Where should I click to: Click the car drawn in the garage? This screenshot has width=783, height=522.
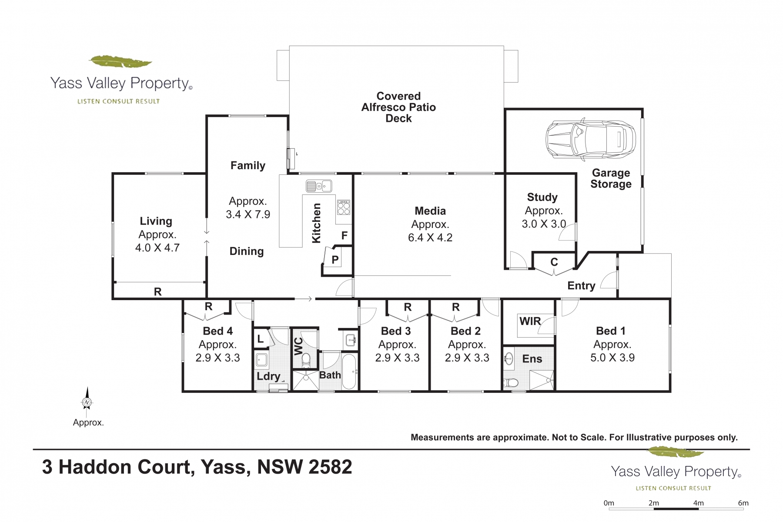pos(591,139)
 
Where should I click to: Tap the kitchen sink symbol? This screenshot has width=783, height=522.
pos(319,186)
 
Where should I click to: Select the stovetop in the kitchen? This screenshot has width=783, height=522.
pos(343,207)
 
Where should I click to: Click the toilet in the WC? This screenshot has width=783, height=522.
pos(306,359)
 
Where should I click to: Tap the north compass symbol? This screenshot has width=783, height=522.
pos(87,402)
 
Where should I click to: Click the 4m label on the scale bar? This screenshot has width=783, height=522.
pos(699,503)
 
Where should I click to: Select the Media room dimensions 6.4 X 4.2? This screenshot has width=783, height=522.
pos(430,238)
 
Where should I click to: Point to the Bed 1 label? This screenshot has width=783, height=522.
pos(611,331)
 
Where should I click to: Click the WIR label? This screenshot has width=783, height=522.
pos(530,321)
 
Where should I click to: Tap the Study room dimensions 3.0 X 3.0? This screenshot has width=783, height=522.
pos(544,224)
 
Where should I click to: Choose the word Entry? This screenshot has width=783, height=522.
pos(581,286)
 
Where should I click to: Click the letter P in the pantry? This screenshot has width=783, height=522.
pos(335,260)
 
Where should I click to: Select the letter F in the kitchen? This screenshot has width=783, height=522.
pos(345,236)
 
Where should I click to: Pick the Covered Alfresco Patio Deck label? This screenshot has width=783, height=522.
pos(398,107)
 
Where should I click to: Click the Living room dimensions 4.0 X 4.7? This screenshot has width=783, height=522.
pos(157,248)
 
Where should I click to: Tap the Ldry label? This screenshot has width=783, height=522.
pos(268,376)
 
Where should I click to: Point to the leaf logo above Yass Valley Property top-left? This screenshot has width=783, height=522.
pos(120,61)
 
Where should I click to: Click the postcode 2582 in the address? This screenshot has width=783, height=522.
pos(326,467)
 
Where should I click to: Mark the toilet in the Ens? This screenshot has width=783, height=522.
pos(511,383)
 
